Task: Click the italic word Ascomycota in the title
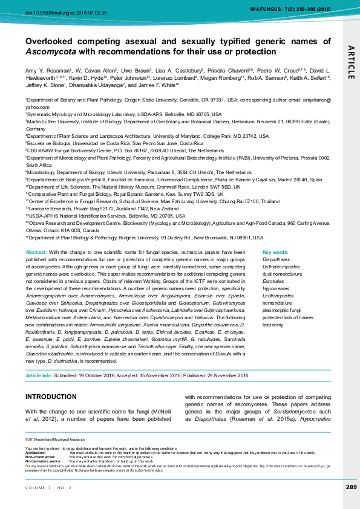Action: [x=46, y=52]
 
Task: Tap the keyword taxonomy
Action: [x=273, y=325]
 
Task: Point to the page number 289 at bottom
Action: [x=351, y=487]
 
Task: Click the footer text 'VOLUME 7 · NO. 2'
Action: [x=48, y=488]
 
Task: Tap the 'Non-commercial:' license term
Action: [x=40, y=456]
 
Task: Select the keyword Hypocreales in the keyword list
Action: [x=275, y=288]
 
